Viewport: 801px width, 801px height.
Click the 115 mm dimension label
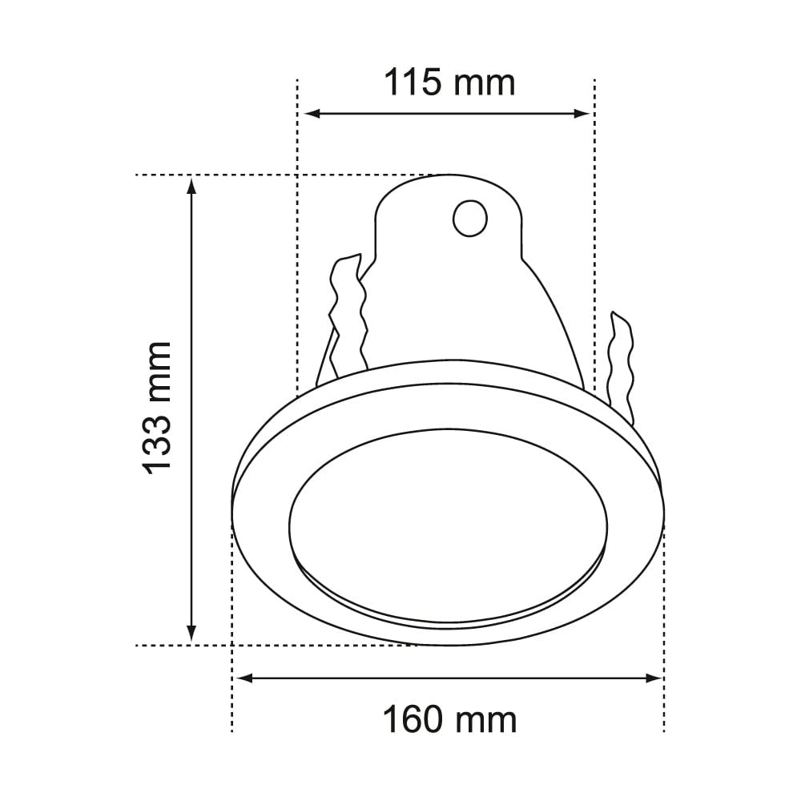click(449, 82)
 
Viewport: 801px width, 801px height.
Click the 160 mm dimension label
click(449, 719)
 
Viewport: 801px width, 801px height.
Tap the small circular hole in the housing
click(469, 217)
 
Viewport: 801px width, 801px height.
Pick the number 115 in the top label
click(413, 82)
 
